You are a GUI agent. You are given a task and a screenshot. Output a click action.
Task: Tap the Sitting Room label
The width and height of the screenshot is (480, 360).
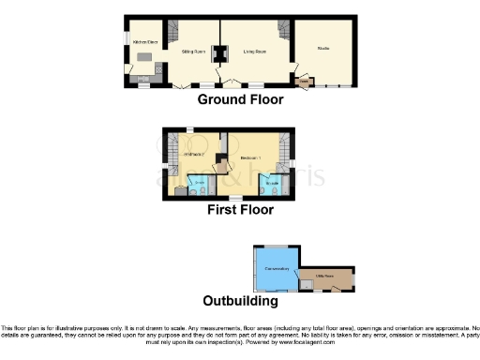point(193,52)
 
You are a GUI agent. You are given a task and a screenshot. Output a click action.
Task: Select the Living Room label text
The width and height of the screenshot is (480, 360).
point(254,52)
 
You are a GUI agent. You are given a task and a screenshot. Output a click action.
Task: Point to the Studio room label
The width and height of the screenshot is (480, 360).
point(323,48)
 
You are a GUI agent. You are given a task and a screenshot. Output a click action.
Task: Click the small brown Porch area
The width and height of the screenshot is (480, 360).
point(303,82)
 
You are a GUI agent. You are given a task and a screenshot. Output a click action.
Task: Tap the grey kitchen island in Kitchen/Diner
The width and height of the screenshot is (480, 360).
point(145,58)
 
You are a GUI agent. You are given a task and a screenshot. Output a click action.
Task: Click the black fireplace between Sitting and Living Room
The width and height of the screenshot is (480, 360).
point(220,52)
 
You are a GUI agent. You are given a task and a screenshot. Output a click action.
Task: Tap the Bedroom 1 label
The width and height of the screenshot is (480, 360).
point(247,158)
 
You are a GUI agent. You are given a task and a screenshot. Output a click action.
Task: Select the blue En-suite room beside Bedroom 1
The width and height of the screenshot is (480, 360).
point(268,184)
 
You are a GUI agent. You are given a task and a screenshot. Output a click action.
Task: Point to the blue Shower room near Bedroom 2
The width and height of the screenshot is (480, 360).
point(198,185)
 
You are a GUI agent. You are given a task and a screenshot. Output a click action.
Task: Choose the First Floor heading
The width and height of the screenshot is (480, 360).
point(240,210)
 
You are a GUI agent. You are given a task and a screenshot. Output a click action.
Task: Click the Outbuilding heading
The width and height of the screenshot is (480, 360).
point(240,302)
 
